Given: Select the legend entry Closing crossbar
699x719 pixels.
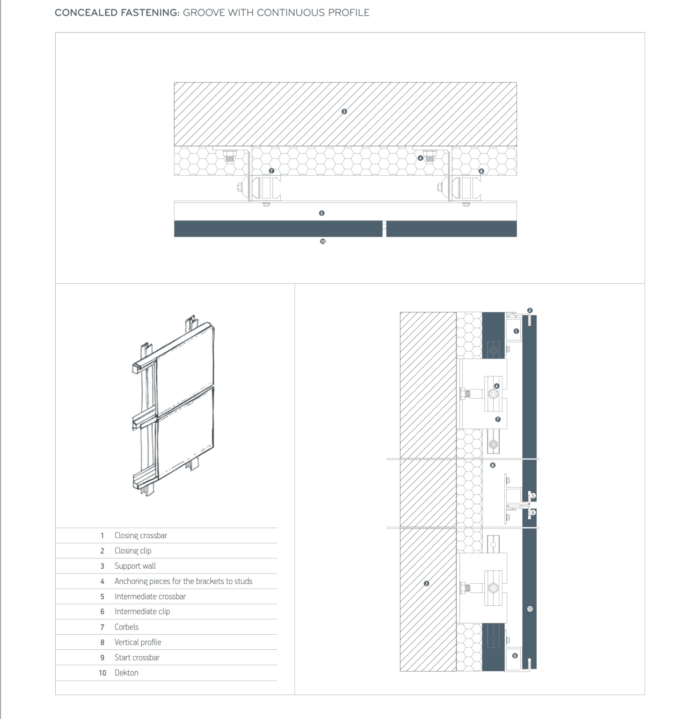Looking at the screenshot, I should click(140, 536).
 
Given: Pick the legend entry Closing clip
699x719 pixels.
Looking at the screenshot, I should click(133, 551).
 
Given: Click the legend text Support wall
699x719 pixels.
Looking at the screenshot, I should click(135, 566).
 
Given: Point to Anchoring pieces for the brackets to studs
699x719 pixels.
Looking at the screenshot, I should click(183, 581).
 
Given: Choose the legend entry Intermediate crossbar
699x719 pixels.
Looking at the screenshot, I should click(150, 596).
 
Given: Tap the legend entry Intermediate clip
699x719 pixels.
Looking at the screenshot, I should click(142, 611).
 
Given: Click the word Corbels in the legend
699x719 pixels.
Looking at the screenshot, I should click(126, 627).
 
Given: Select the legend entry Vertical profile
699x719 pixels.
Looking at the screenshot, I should click(138, 642).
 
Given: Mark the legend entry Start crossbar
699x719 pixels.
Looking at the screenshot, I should click(137, 658).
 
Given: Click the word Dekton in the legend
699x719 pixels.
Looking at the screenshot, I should click(126, 673).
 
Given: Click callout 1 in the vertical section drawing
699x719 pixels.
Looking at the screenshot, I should click(516, 331).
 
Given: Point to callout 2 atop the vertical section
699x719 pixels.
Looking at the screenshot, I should click(530, 310).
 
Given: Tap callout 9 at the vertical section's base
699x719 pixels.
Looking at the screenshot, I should click(515, 655).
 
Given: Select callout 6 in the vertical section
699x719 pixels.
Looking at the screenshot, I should click(533, 513).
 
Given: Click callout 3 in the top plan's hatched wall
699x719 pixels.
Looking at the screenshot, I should click(344, 111).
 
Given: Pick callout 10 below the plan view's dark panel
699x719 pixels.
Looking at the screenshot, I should click(322, 242).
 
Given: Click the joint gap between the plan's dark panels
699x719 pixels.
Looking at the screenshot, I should click(384, 228).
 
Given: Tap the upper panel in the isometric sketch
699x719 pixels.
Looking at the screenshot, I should click(185, 360).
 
